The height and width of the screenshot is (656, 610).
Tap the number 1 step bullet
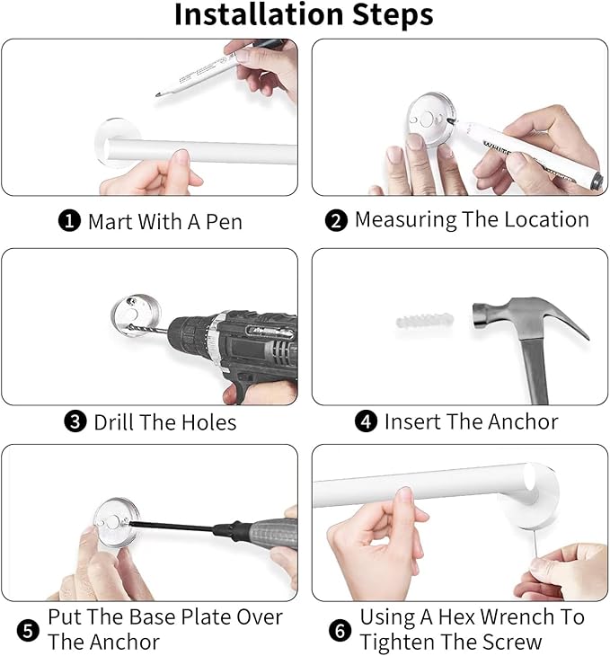(x=69, y=220)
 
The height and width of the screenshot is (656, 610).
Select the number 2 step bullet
(x=336, y=220)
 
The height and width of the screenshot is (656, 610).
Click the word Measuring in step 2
(x=405, y=220)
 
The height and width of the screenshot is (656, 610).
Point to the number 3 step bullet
(x=75, y=421)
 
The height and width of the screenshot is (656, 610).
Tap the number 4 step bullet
(x=366, y=421)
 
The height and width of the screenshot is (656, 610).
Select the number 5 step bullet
(x=28, y=631)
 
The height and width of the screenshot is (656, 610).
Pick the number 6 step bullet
(x=340, y=631)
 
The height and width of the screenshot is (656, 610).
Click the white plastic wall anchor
(x=425, y=321)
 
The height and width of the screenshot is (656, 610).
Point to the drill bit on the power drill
(x=147, y=329)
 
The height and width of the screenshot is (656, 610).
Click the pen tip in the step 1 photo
(x=158, y=95)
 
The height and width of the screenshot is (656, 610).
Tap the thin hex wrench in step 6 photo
(x=536, y=543)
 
